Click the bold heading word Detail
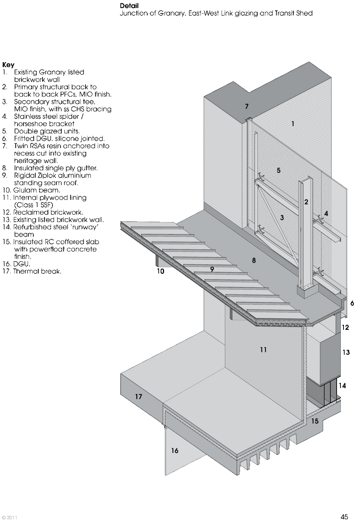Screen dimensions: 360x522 pyautogui.click(x=129, y=6)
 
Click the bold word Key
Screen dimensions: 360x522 pyautogui.click(x=8, y=65)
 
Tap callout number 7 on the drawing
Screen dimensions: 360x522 pyautogui.click(x=247, y=106)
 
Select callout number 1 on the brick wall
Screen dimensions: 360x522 pyautogui.click(x=293, y=124)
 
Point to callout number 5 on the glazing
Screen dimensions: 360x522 pyautogui.click(x=279, y=170)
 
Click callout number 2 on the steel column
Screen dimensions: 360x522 pyautogui.click(x=306, y=202)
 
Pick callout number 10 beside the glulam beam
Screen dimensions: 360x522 pyautogui.click(x=161, y=271)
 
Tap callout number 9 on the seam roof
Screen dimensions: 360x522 pyautogui.click(x=212, y=269)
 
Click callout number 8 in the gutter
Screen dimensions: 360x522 pyautogui.click(x=254, y=260)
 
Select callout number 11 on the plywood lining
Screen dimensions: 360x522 pyautogui.click(x=263, y=349)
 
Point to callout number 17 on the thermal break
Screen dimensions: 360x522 pyautogui.click(x=138, y=397)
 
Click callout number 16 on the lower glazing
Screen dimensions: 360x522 pyautogui.click(x=175, y=451)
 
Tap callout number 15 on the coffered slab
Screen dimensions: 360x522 pyautogui.click(x=315, y=421)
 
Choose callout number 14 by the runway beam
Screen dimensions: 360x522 pyautogui.click(x=342, y=386)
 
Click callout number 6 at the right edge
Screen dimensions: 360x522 pyautogui.click(x=352, y=303)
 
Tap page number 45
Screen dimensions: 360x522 pyautogui.click(x=344, y=517)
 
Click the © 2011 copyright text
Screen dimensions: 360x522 pyautogui.click(x=9, y=517)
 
